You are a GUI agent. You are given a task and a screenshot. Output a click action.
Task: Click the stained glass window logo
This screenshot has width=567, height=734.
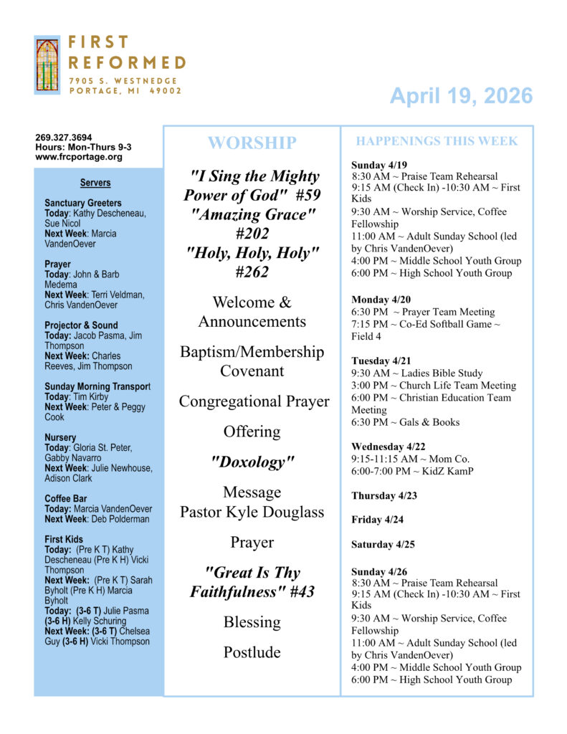tap(47, 65)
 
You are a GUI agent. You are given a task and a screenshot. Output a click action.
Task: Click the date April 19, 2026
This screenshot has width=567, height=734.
tap(461, 96)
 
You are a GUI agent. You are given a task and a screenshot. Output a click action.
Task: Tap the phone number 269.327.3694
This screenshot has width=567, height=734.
tap(64, 138)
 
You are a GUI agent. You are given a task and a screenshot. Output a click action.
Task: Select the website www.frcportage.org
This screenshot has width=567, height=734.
tap(79, 157)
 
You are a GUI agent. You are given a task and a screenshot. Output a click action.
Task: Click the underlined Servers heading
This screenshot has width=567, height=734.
tap(95, 183)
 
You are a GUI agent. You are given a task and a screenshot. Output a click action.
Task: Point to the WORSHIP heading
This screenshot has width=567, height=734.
tap(252, 143)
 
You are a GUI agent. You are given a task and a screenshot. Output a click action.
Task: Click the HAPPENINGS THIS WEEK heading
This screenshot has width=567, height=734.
tap(437, 141)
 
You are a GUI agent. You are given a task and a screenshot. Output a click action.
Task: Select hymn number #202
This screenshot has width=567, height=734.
tap(252, 233)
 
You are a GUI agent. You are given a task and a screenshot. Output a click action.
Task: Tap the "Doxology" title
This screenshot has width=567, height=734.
tap(252, 462)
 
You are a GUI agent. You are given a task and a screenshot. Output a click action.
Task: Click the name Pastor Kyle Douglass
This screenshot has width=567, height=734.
tap(252, 512)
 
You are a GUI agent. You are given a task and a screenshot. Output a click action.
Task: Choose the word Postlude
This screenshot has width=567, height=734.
tap(252, 652)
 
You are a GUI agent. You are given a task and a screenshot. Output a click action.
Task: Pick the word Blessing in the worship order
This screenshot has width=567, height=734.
tap(252, 622)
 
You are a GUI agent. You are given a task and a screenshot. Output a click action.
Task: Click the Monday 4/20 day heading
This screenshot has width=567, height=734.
tap(381, 300)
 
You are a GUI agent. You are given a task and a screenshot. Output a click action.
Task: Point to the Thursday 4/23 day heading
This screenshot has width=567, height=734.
tap(384, 496)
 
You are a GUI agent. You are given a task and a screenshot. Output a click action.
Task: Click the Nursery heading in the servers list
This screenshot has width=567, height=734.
tap(60, 437)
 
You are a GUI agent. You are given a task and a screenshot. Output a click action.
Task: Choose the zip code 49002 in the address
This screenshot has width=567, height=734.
tap(166, 91)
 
